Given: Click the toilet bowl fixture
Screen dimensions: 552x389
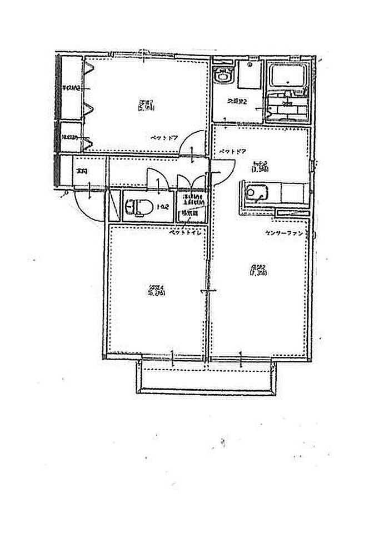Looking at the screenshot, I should pos(137,207).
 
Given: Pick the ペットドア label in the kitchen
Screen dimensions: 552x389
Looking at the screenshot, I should pos(232,151).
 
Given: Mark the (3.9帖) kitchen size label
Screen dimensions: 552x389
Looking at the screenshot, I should pos(260,167).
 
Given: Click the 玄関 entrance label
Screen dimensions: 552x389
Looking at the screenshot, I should pos(82,171).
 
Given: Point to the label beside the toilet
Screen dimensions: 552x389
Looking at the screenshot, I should pos(162,207).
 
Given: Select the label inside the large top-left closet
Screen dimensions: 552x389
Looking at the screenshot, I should pos(71,88).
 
